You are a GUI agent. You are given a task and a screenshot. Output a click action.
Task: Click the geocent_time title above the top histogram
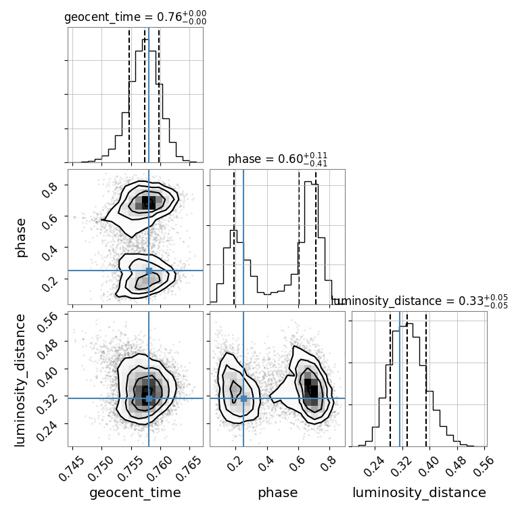pyautogui.click(x=135, y=18)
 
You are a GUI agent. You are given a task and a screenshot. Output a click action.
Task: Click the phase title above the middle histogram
pyautogui.click(x=277, y=160)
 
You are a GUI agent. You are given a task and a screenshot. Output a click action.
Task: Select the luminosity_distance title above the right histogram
pyautogui.click(x=420, y=301)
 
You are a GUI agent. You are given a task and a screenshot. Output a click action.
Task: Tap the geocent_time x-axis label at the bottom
pyautogui.click(x=135, y=493)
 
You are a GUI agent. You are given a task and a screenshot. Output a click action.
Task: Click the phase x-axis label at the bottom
pyautogui.click(x=277, y=493)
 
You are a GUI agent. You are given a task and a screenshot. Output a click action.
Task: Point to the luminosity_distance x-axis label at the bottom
pyautogui.click(x=419, y=493)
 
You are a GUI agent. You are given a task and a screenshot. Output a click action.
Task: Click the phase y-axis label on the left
pyautogui.click(x=21, y=237)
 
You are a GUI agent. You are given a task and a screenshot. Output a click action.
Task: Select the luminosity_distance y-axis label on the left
pyautogui.click(x=21, y=379)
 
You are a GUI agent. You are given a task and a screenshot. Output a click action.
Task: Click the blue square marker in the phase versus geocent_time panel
pyautogui.click(x=149, y=271)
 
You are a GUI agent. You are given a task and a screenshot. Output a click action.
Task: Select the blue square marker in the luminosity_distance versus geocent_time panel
pyautogui.click(x=149, y=398)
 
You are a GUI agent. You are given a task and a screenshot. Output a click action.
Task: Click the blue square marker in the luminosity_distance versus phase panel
pyautogui.click(x=243, y=398)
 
